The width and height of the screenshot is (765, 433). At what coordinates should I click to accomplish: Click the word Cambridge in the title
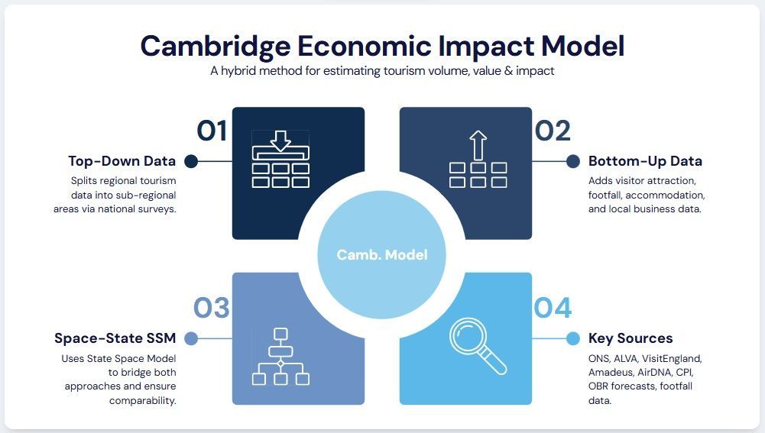click(x=216, y=47)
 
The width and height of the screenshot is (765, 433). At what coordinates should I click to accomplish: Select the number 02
click(x=553, y=131)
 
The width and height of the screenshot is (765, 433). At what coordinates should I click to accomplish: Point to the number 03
click(x=211, y=308)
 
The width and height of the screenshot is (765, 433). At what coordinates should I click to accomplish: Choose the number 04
click(x=553, y=308)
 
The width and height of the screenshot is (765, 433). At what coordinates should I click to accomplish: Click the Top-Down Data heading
click(x=122, y=161)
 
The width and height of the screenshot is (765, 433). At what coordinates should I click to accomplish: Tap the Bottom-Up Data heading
click(x=645, y=161)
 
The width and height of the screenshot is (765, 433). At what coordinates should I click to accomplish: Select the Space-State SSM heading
click(x=115, y=338)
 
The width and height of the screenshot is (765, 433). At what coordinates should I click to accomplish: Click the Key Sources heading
click(x=630, y=338)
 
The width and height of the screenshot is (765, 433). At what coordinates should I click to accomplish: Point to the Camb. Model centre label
click(x=382, y=254)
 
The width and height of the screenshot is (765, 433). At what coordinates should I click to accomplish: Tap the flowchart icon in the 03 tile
click(x=280, y=357)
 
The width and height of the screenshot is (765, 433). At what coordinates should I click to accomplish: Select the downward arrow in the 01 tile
click(x=280, y=141)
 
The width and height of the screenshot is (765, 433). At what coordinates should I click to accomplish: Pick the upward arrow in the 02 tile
click(x=478, y=145)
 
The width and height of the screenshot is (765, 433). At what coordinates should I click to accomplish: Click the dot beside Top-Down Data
click(x=191, y=161)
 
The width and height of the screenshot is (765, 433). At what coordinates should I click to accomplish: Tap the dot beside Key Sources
click(x=573, y=338)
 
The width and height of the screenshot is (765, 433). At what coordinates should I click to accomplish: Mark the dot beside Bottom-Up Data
click(x=573, y=161)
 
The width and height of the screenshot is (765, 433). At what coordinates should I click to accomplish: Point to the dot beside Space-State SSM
click(x=191, y=338)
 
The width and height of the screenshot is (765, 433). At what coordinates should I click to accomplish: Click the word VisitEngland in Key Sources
click(x=672, y=359)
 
